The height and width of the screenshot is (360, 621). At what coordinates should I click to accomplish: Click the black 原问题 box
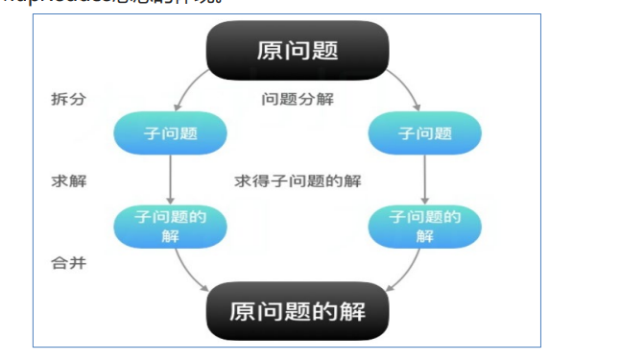click(298, 49)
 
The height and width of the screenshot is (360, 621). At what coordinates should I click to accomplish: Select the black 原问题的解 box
click(298, 311)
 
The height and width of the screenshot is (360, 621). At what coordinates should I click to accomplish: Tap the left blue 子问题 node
click(170, 133)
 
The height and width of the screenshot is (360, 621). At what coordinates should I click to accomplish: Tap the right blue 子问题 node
click(425, 133)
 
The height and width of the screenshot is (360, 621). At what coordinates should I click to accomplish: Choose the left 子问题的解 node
click(170, 227)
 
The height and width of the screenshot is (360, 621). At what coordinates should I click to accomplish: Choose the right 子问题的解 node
click(425, 227)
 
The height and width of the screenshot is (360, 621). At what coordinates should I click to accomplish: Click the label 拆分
click(68, 100)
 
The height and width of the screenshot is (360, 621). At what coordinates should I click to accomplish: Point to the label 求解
click(68, 180)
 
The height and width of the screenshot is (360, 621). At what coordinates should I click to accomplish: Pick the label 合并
click(68, 262)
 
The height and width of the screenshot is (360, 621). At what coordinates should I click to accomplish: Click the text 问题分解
click(298, 100)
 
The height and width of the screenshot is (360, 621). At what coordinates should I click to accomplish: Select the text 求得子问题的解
click(298, 180)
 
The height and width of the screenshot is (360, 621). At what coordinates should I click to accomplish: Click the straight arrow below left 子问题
click(170, 180)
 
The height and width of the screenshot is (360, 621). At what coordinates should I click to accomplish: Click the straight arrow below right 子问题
click(425, 180)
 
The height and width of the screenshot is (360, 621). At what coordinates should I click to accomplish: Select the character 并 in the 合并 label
click(79, 262)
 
